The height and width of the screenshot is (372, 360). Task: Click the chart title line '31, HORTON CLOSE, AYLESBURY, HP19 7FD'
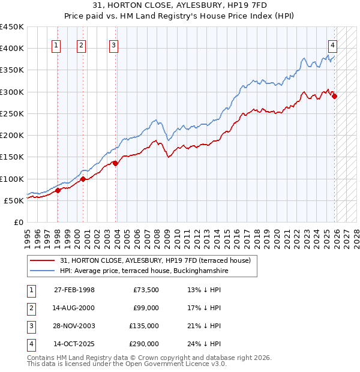click(179, 7)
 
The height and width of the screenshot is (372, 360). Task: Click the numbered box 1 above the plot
click(56, 44)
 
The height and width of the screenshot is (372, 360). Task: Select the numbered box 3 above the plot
click(113, 44)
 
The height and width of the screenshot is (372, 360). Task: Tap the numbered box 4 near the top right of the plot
click(332, 44)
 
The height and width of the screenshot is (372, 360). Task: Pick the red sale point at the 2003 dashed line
click(116, 163)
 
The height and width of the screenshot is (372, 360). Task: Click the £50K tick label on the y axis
click(14, 200)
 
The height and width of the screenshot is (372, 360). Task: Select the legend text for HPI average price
click(144, 271)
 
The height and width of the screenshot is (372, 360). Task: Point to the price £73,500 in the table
click(146, 290)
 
